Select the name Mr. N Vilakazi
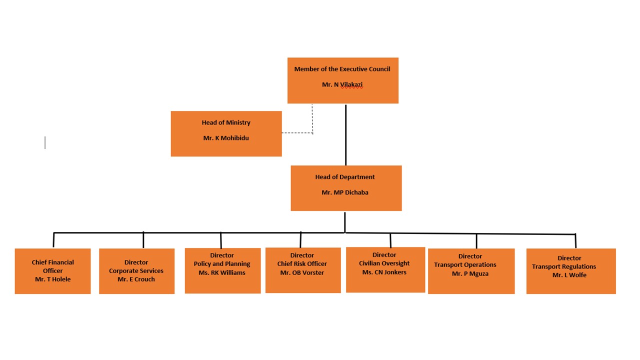[x=342, y=85]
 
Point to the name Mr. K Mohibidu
[x=226, y=138]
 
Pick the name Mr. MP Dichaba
[x=345, y=192]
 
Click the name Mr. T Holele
[x=53, y=279]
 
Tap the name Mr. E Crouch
[x=136, y=279]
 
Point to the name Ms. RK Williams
[x=222, y=273]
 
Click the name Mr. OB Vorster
[x=302, y=273]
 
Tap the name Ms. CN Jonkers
[x=384, y=272]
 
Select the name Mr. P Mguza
[x=470, y=274]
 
